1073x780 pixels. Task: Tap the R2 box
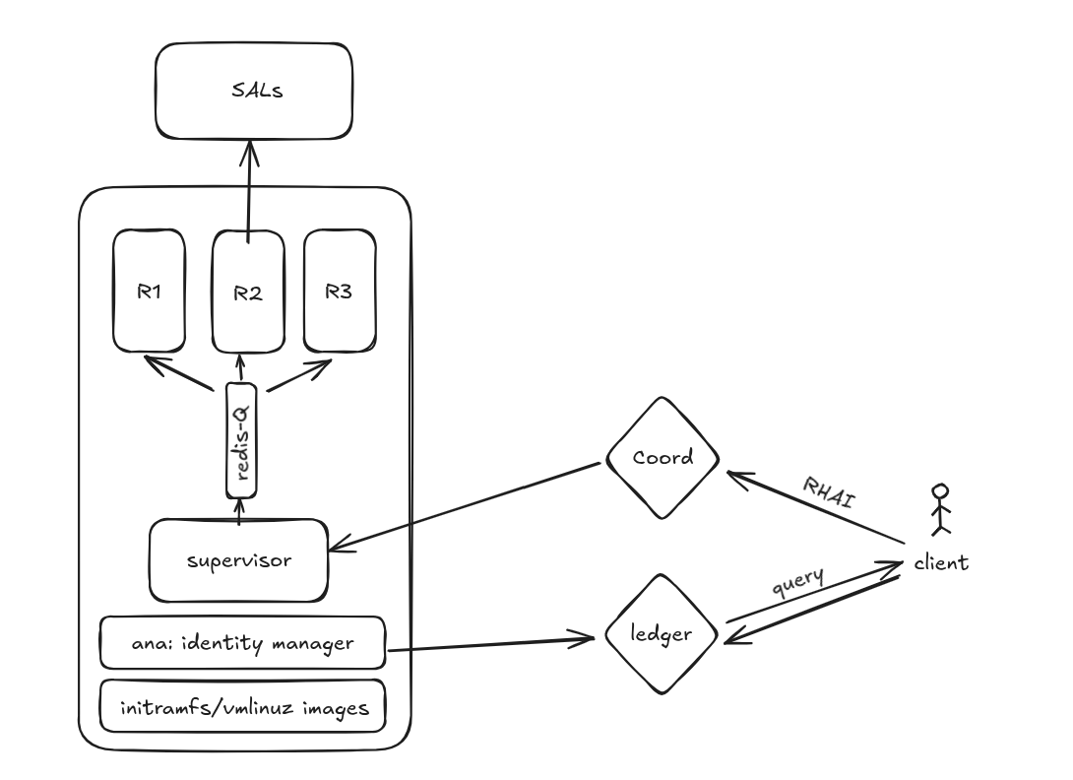[248, 292]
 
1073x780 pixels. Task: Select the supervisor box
[238, 560]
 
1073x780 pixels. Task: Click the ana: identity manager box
[242, 644]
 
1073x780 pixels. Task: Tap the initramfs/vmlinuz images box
[242, 707]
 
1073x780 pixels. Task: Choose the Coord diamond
[662, 457]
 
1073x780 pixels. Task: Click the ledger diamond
[662, 634]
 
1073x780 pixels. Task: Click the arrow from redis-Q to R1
[182, 374]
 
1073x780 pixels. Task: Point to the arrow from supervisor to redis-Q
[239, 510]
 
